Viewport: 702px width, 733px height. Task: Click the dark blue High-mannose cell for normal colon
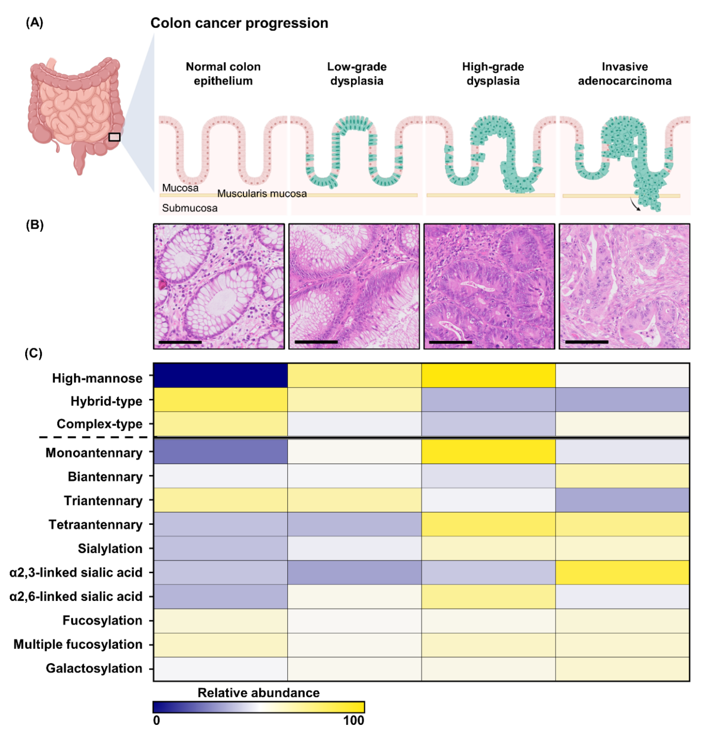click(220, 375)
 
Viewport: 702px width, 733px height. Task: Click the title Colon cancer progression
click(239, 23)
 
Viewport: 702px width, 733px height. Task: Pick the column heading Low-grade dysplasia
click(357, 74)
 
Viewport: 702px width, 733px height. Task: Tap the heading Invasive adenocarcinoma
click(624, 74)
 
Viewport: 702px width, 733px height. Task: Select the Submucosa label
click(190, 208)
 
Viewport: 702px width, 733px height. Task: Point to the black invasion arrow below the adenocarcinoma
click(635, 205)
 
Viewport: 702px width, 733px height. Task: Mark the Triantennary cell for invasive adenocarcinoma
click(622, 500)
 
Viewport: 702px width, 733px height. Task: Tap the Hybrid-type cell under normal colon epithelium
click(220, 399)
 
